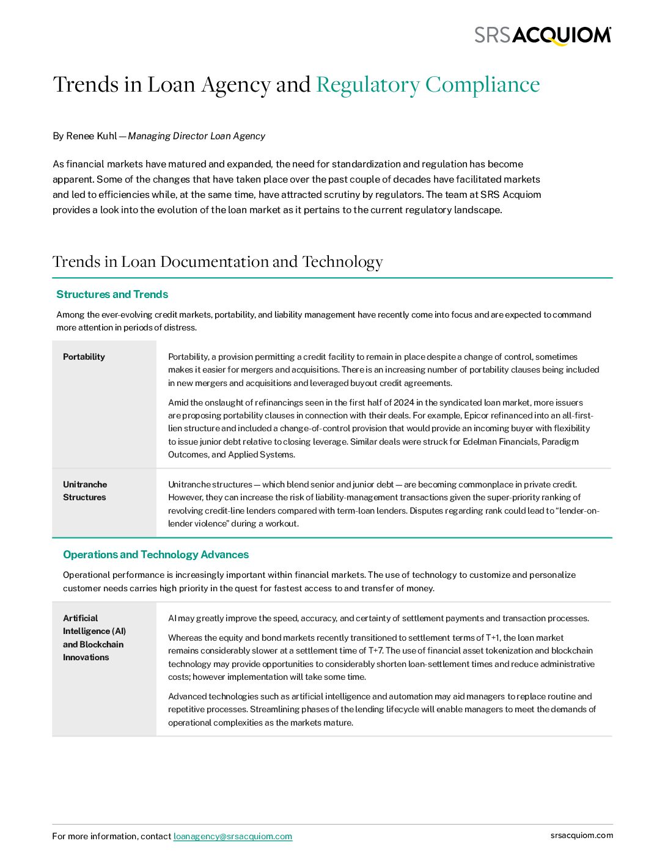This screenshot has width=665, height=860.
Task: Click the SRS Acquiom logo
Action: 543,35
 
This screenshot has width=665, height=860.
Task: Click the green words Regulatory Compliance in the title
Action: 428,84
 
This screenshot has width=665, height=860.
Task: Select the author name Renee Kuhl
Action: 91,136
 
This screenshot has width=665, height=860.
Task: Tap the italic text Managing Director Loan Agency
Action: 196,136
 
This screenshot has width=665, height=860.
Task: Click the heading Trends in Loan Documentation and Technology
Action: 218,261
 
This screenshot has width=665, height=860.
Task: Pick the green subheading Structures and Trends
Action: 112,294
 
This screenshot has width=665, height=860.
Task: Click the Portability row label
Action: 84,357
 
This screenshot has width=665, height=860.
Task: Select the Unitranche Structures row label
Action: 85,490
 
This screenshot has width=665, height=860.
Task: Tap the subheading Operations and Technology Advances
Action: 156,555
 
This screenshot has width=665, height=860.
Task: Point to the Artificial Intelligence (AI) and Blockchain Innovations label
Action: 94,638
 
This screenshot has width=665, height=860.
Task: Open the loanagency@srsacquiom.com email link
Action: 232,836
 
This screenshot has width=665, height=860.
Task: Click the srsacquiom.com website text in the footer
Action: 581,835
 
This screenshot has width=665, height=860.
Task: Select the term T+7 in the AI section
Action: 376,650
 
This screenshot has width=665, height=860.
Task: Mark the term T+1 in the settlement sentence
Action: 492,638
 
